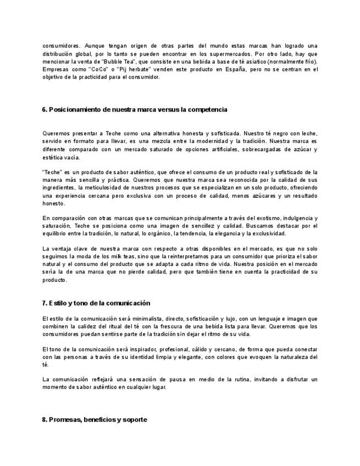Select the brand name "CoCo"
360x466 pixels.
click(99, 69)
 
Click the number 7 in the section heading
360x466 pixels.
click(44, 303)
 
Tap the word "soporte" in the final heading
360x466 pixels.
click(135, 419)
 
